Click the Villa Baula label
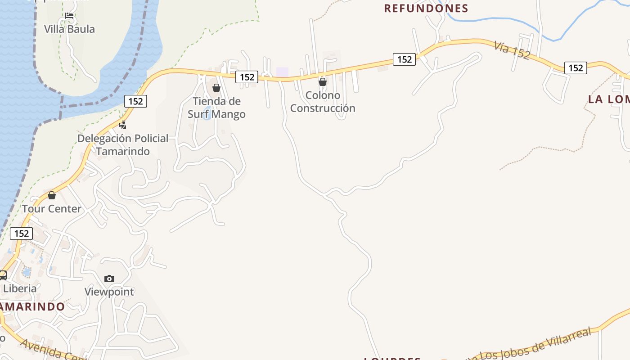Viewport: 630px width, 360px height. pyautogui.click(x=69, y=29)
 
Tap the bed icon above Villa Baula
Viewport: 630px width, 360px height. pyautogui.click(x=69, y=16)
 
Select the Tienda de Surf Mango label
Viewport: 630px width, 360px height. pyautogui.click(x=216, y=108)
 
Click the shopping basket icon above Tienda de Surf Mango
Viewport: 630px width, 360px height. pyautogui.click(x=216, y=88)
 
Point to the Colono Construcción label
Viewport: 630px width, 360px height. pyautogui.click(x=323, y=102)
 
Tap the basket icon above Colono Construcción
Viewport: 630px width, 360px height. pyautogui.click(x=323, y=82)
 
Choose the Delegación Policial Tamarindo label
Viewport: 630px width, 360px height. pyautogui.click(x=123, y=144)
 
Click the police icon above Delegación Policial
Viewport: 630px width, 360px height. pyautogui.click(x=122, y=125)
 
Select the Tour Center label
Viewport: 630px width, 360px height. pyautogui.click(x=52, y=209)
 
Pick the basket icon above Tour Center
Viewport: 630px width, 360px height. pyautogui.click(x=52, y=195)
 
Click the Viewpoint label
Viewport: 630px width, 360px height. pyautogui.click(x=109, y=292)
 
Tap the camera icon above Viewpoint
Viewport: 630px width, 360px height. pyautogui.click(x=109, y=279)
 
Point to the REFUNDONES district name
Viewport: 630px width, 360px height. pyautogui.click(x=426, y=8)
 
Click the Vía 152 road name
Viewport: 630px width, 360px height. pyautogui.click(x=512, y=50)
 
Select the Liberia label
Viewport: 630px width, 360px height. pyautogui.click(x=20, y=288)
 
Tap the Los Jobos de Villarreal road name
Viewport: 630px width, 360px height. pyautogui.click(x=535, y=345)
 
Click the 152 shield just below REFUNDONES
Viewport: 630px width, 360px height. pyautogui.click(x=404, y=59)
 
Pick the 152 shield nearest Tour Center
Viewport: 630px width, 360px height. pyautogui.click(x=21, y=233)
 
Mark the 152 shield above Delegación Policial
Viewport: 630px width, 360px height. pyautogui.click(x=135, y=101)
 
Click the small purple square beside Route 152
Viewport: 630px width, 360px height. pyautogui.click(x=282, y=72)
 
